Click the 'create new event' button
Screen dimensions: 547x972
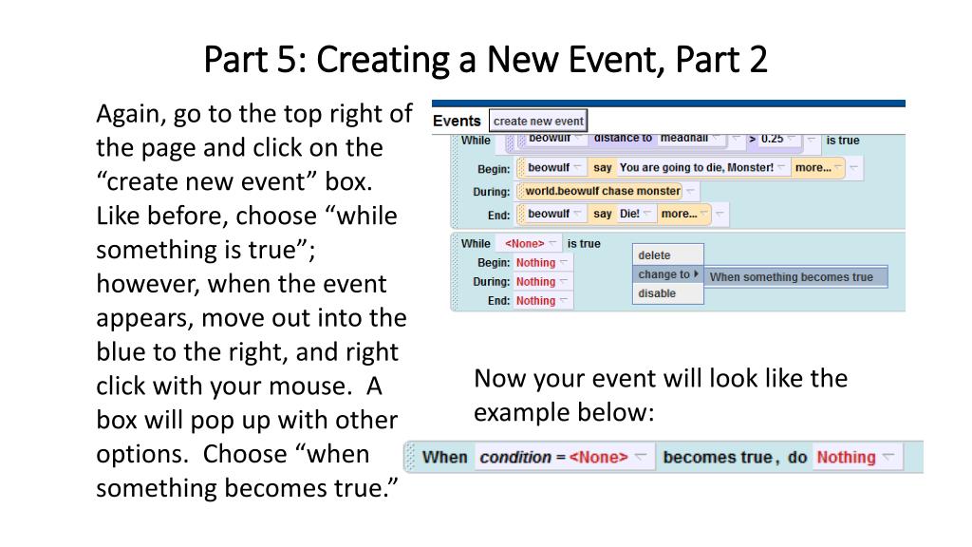pos(538,121)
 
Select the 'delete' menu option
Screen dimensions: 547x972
pos(654,255)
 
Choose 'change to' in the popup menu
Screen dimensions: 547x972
pos(664,274)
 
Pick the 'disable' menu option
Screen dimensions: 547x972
pos(657,293)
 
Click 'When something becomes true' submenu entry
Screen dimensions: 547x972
pos(791,277)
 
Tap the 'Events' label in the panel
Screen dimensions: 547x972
pos(457,121)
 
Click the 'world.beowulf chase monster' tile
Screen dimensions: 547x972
pos(603,191)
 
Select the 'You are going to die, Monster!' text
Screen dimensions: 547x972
pos(696,168)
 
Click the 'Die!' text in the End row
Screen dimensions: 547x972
pos(630,214)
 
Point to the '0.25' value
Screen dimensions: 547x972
pos(772,139)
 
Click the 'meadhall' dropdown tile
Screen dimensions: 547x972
pos(684,139)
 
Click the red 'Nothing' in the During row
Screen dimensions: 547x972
pos(535,281)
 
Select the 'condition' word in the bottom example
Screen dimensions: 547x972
pos(515,457)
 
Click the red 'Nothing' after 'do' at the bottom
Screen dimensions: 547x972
pos(846,457)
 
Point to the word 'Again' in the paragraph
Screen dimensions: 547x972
pos(127,114)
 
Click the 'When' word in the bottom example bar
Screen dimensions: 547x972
pos(445,457)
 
